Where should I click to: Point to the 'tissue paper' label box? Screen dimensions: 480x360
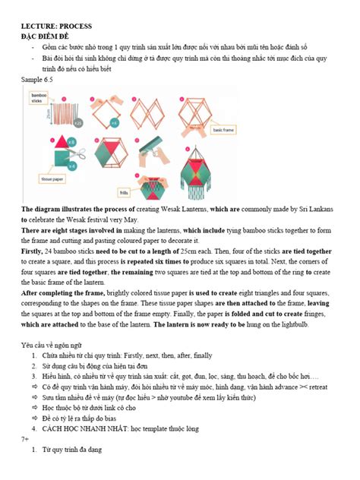point(46,183)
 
